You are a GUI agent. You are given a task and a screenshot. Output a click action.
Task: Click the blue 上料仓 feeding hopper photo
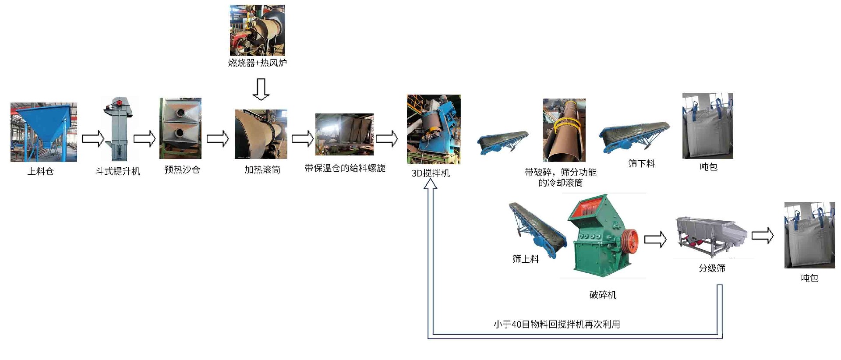[44, 132]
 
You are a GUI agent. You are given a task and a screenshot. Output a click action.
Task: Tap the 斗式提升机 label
[118, 171]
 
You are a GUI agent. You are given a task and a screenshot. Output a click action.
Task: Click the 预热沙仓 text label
[182, 169]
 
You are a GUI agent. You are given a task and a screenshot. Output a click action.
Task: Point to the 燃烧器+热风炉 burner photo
[257, 30]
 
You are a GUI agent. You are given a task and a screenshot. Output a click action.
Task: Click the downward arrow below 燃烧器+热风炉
[261, 89]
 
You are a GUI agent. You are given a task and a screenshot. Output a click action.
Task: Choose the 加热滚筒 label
[262, 169]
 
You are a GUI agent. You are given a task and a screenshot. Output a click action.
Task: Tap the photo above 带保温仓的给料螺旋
[344, 134]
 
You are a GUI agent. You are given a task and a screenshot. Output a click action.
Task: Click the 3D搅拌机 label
[431, 173]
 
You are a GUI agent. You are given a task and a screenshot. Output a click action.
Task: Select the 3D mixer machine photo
[434, 130]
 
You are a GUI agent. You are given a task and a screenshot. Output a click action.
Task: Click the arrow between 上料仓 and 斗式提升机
[93, 139]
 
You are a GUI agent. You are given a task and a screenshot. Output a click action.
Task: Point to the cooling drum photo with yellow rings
[564, 130]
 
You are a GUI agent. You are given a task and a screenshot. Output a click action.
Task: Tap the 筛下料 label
[641, 163]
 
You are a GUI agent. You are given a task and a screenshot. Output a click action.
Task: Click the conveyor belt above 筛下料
[634, 137]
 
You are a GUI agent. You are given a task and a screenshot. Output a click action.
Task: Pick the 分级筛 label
[712, 268]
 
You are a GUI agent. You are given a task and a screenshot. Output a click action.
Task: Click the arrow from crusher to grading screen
[655, 239]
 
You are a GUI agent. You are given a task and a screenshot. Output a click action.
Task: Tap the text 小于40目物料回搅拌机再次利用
[557, 324]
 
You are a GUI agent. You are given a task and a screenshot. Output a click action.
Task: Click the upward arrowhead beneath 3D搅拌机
[431, 184]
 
